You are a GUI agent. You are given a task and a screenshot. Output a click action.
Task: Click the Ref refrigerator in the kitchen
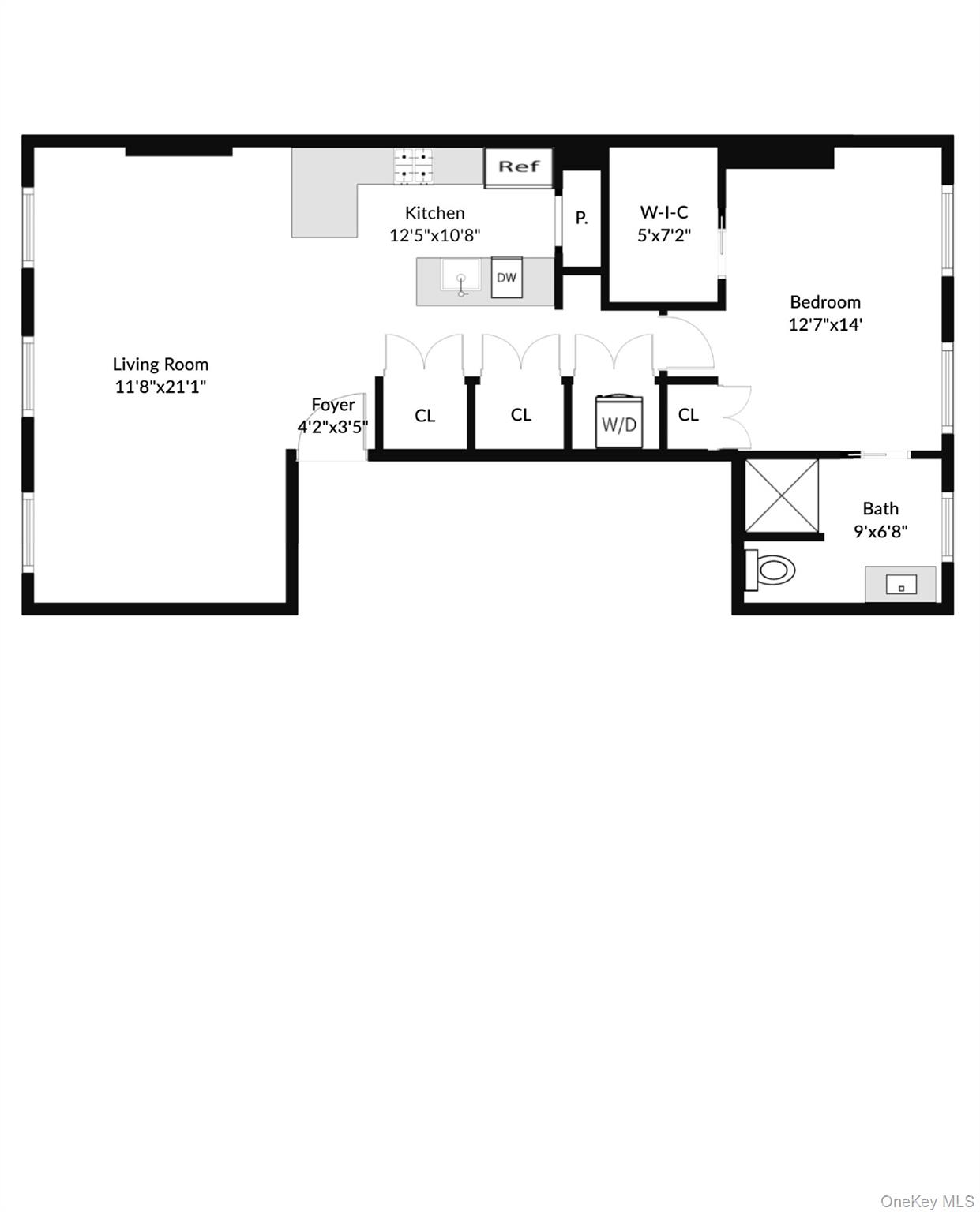(x=518, y=167)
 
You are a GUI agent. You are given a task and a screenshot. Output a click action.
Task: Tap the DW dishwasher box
(x=506, y=277)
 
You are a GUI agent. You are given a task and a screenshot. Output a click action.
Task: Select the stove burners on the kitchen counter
(x=415, y=166)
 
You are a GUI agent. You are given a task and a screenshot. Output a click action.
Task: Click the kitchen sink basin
(x=460, y=279)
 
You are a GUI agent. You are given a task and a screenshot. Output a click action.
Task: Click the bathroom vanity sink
(x=900, y=585)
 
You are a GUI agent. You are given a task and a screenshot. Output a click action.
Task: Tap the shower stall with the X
(x=782, y=496)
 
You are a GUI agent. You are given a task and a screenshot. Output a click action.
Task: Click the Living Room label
(x=160, y=364)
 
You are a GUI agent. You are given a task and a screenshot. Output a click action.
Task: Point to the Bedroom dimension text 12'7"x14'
(x=825, y=324)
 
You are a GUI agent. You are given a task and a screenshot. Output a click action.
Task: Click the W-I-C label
(x=664, y=212)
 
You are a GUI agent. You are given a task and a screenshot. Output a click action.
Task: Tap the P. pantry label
(x=581, y=219)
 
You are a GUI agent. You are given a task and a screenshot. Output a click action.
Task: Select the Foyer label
(x=332, y=405)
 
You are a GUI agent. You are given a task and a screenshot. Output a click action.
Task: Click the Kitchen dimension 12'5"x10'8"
(x=434, y=235)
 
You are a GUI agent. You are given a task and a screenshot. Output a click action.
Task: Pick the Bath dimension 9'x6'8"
(x=880, y=531)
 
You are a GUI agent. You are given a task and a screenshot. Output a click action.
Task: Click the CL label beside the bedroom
(x=688, y=415)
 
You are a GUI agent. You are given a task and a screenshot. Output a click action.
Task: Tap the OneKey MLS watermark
(x=927, y=1201)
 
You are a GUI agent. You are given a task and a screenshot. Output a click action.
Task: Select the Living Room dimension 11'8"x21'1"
(x=160, y=387)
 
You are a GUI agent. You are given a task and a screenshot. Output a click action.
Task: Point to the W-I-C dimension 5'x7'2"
(x=664, y=235)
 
